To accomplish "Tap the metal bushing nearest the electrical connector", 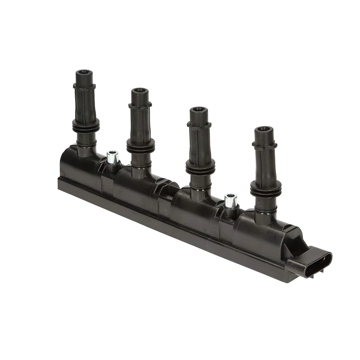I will pos(231,201).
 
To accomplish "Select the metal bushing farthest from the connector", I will pos(112,157).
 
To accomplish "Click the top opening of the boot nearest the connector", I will pos(264,130).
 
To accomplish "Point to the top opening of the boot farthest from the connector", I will pos(84,72).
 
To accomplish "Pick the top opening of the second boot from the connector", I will pos(198,110).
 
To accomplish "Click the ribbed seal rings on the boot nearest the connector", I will pos(265,189).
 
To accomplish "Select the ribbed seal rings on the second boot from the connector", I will pos(200,167).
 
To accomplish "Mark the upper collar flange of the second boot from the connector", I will pos(199,125).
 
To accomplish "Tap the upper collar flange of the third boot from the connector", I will pos(140,105).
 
